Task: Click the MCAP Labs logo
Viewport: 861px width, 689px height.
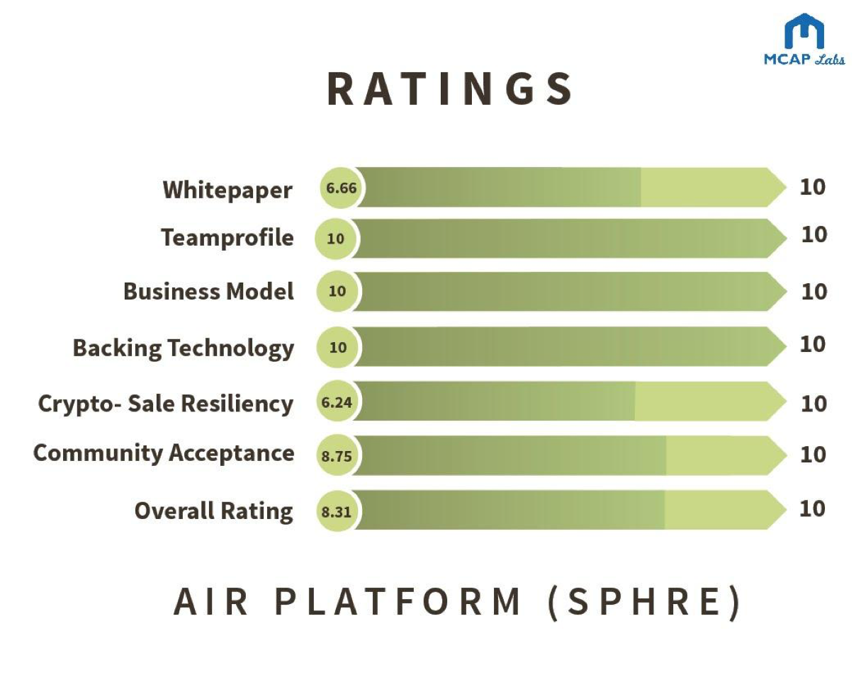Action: [804, 39]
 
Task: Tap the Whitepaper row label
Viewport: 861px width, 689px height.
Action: [227, 190]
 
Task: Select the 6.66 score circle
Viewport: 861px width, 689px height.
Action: [340, 188]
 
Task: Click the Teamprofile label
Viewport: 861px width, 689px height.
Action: [227, 237]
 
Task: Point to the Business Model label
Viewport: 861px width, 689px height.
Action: [208, 291]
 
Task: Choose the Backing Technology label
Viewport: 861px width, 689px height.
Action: [184, 348]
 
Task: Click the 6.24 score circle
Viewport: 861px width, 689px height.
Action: [337, 401]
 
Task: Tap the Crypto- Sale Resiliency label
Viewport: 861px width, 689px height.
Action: [166, 404]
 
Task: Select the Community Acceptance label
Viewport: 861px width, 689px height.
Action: [164, 453]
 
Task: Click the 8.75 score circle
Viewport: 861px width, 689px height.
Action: [337, 455]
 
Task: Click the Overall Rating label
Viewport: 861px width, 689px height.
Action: [214, 511]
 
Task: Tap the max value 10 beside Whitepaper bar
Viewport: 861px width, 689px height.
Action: [813, 187]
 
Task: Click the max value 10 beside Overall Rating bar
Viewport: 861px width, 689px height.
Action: [812, 509]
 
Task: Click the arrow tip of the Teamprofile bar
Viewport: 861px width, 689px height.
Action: [787, 239]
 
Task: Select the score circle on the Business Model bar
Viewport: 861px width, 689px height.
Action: [337, 291]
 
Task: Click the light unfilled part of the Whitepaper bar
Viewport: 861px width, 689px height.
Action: [704, 187]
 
